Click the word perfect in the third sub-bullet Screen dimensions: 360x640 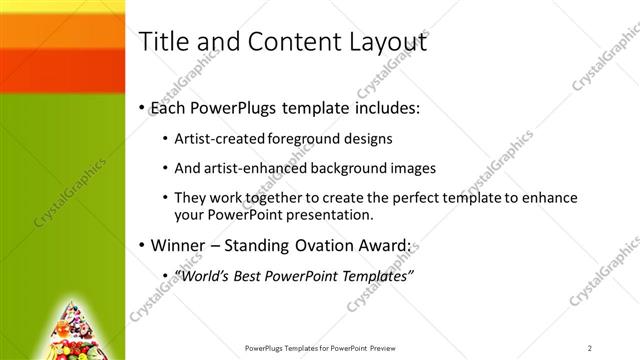390,198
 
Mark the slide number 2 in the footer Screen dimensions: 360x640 591,348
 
